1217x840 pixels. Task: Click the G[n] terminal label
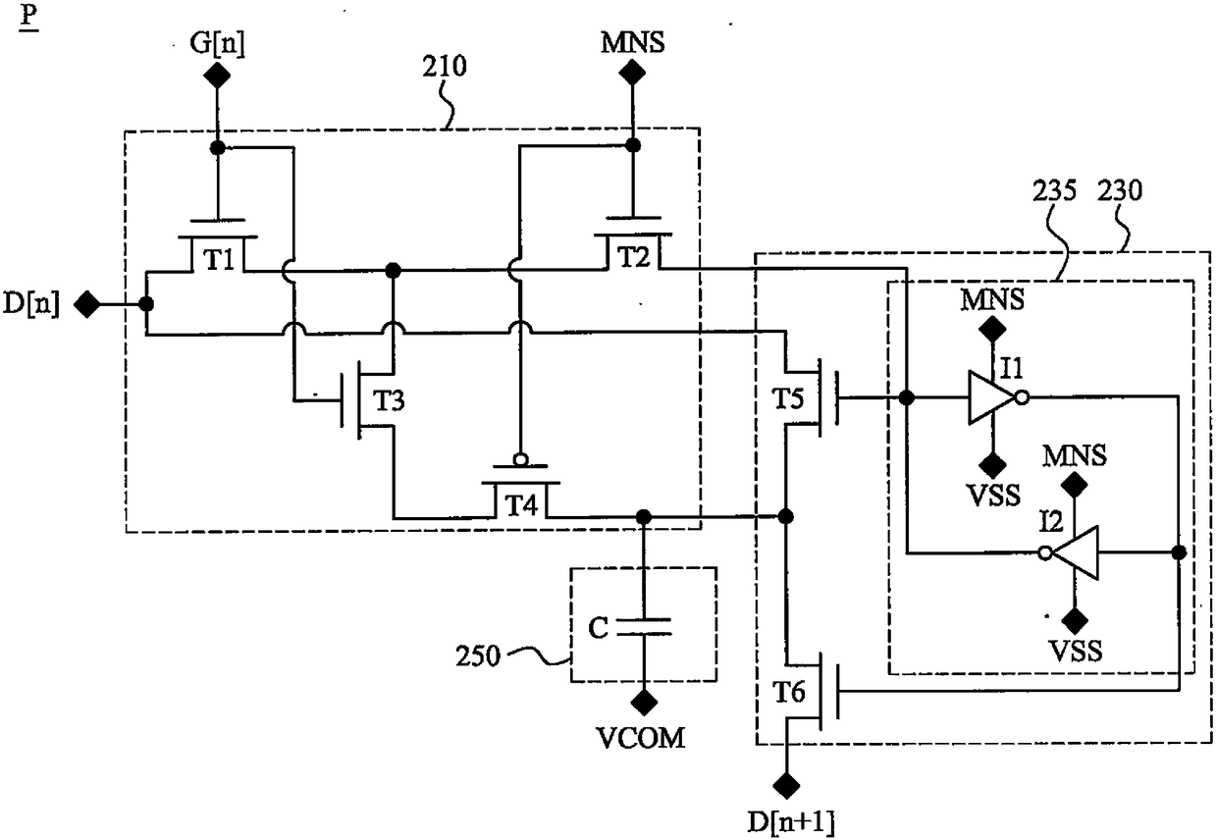pos(217,43)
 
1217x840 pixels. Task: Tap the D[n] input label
pos(31,304)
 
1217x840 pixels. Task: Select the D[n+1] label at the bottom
pos(790,821)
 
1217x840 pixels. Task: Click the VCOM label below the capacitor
pos(641,738)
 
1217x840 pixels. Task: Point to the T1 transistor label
pos(219,260)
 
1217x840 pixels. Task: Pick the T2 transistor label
pos(633,256)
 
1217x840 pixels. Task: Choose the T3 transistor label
pos(389,401)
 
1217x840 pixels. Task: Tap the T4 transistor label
pos(521,504)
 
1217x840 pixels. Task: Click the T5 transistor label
pos(788,398)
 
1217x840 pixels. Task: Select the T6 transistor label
pos(789,692)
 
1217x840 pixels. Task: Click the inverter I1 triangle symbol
pos(992,397)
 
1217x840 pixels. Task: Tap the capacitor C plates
pos(644,626)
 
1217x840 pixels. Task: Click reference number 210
pos(445,67)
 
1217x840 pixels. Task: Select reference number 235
pos(1054,190)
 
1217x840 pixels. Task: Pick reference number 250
pos(478,656)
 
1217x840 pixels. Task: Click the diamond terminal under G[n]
pos(217,75)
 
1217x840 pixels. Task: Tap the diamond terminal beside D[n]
pos(87,304)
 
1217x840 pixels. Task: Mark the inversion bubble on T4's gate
pos(520,459)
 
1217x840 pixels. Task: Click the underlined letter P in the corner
pos(28,17)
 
